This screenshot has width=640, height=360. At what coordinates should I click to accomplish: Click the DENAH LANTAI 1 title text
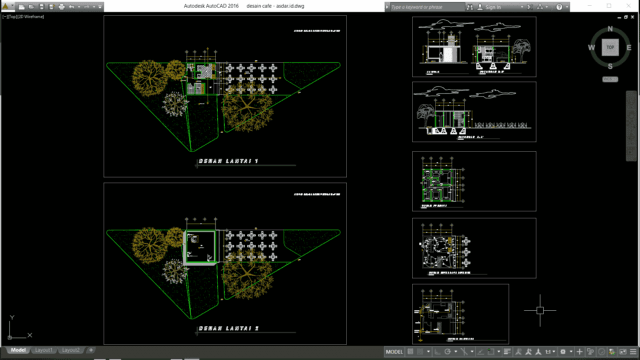pos(228,160)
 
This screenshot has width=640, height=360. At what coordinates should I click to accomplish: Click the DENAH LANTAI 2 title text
pos(228,327)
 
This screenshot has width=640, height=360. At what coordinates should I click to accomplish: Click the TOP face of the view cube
pos(609,46)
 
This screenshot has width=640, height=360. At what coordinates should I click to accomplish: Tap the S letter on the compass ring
pos(609,66)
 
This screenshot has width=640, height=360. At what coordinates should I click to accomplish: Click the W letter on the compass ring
pos(590,47)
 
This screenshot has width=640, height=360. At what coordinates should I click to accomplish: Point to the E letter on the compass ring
pos(629,47)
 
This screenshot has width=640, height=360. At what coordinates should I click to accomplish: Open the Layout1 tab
pos(44,351)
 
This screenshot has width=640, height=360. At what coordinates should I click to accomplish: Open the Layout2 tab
pos(73,351)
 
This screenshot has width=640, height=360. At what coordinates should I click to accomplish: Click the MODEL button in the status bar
pos(393,352)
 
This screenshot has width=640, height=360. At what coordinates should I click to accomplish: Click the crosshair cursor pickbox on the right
pos(540,310)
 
